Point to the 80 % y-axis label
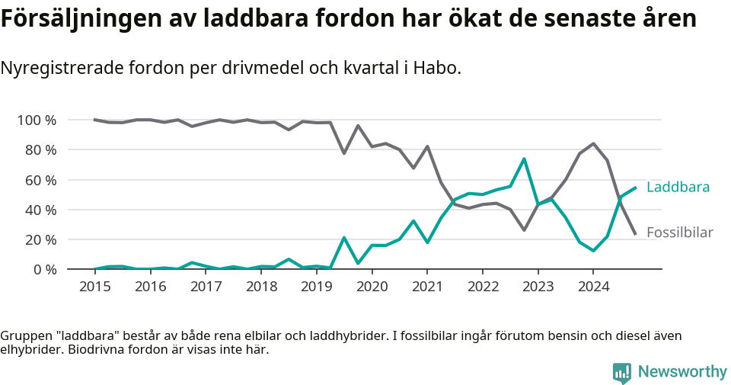tap(40, 150)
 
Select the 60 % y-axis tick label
tap(40, 180)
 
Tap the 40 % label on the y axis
tap(40, 210)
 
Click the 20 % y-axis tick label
tap(40, 239)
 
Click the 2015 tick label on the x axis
tap(94, 287)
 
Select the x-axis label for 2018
tap(261, 287)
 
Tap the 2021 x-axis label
tap(427, 287)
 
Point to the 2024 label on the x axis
tap(594, 287)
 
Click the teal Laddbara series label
tap(678, 188)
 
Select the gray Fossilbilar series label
tap(679, 233)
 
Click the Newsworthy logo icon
tap(622, 372)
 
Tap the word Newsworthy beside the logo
tap(682, 372)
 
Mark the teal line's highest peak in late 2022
tap(524, 159)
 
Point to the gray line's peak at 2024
tap(593, 143)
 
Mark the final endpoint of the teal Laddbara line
tap(635, 188)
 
